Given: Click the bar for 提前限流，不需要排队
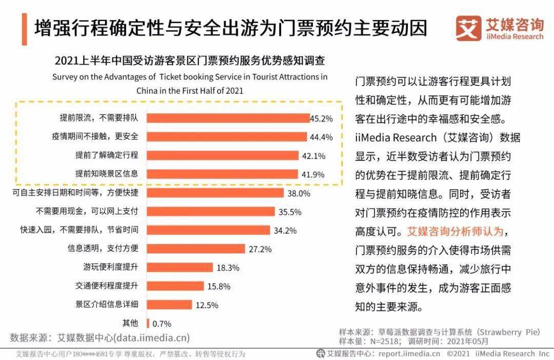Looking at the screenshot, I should click(228, 118).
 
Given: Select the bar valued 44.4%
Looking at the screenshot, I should click(227, 137).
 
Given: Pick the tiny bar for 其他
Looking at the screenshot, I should click(148, 323).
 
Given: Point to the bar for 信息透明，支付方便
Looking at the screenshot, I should click(196, 249).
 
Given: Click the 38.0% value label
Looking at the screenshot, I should click(299, 193).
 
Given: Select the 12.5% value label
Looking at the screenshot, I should click(207, 305).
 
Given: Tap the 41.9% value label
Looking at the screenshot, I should click(313, 174).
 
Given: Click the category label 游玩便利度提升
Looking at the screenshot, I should click(111, 267).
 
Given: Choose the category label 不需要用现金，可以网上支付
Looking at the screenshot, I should click(87, 211).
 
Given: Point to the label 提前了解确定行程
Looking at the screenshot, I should click(107, 155).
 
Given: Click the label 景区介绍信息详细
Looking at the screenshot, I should click(107, 304).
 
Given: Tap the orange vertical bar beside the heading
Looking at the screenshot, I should click(24, 28).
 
